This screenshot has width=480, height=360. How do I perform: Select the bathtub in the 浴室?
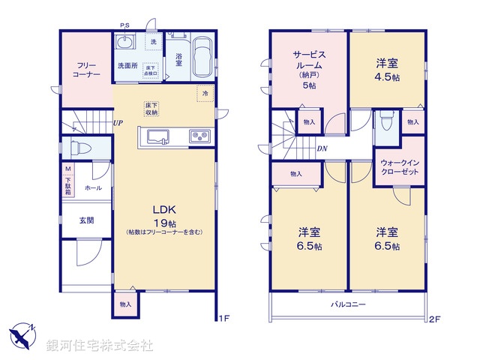pos(203,58)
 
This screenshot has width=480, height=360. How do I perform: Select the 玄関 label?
pos(86,220)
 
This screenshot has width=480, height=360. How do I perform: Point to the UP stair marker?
pos(118,123)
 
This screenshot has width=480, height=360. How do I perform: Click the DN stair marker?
pos(321,148)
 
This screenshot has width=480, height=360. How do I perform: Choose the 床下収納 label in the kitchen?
pos(151,109)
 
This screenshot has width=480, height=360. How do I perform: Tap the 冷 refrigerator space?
pos(203,93)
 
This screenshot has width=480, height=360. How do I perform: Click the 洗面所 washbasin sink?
pos(125,42)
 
